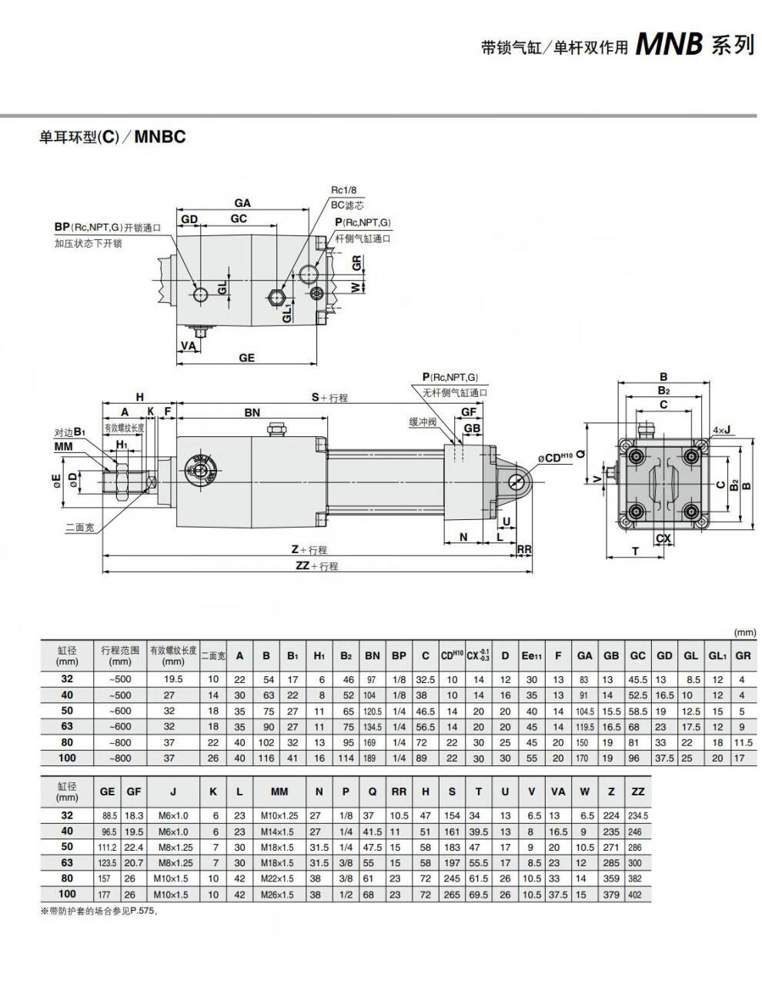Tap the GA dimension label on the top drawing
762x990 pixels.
(x=242, y=203)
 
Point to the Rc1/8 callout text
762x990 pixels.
(x=343, y=190)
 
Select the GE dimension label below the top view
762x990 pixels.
(x=246, y=358)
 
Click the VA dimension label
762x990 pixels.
(x=189, y=346)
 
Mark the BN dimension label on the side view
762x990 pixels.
(x=252, y=412)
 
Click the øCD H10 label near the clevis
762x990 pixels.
(x=555, y=458)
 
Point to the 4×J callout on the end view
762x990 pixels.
(x=721, y=430)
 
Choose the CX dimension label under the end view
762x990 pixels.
(x=663, y=538)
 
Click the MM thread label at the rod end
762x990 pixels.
(x=63, y=446)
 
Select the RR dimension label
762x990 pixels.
(x=524, y=549)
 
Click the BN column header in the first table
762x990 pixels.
(x=373, y=655)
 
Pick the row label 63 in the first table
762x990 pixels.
(x=67, y=725)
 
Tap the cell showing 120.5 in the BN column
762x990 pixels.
(x=373, y=712)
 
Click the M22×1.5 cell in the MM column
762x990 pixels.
(x=277, y=878)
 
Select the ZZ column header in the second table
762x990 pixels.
(x=638, y=792)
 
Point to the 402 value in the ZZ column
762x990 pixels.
(x=635, y=895)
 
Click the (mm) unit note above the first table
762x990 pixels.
(x=745, y=632)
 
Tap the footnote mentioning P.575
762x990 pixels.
(x=100, y=912)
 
